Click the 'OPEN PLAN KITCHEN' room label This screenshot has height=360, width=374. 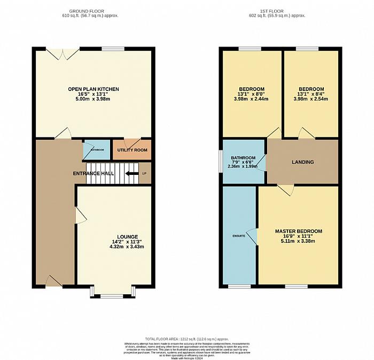pyautogui.click(x=93, y=89)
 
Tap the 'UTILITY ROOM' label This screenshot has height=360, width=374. pyautogui.click(x=132, y=150)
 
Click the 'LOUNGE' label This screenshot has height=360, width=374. pyautogui.click(x=128, y=236)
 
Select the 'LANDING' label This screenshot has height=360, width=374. pyautogui.click(x=302, y=162)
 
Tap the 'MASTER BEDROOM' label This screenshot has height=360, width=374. pyautogui.click(x=299, y=231)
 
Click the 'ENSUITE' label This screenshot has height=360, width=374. pyautogui.click(x=238, y=235)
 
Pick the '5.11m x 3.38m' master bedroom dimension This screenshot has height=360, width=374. pyautogui.click(x=299, y=241)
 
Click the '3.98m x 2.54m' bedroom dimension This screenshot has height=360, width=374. pyautogui.click(x=311, y=99)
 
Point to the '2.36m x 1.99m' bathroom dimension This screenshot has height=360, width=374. pyautogui.click(x=243, y=166)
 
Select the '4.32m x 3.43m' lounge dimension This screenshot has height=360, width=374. pyautogui.click(x=128, y=247)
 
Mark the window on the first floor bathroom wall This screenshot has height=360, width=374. pyautogui.click(x=221, y=162)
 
